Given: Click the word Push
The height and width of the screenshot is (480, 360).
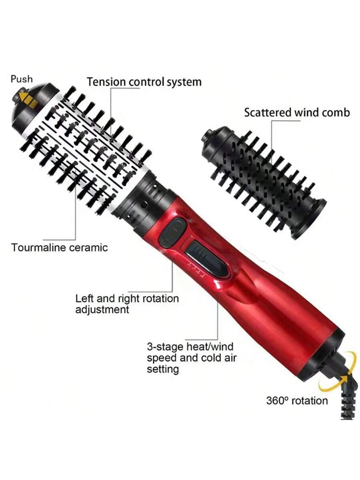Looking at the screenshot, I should (22, 78).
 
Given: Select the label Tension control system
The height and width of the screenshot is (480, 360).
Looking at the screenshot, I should (144, 82).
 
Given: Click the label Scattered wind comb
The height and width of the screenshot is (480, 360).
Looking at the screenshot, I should (297, 112).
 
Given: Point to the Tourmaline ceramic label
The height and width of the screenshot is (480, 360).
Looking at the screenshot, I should (60, 247).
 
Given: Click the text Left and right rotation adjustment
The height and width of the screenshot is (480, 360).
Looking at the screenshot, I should (127, 304).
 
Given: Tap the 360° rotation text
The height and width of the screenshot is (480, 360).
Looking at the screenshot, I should (297, 400).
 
